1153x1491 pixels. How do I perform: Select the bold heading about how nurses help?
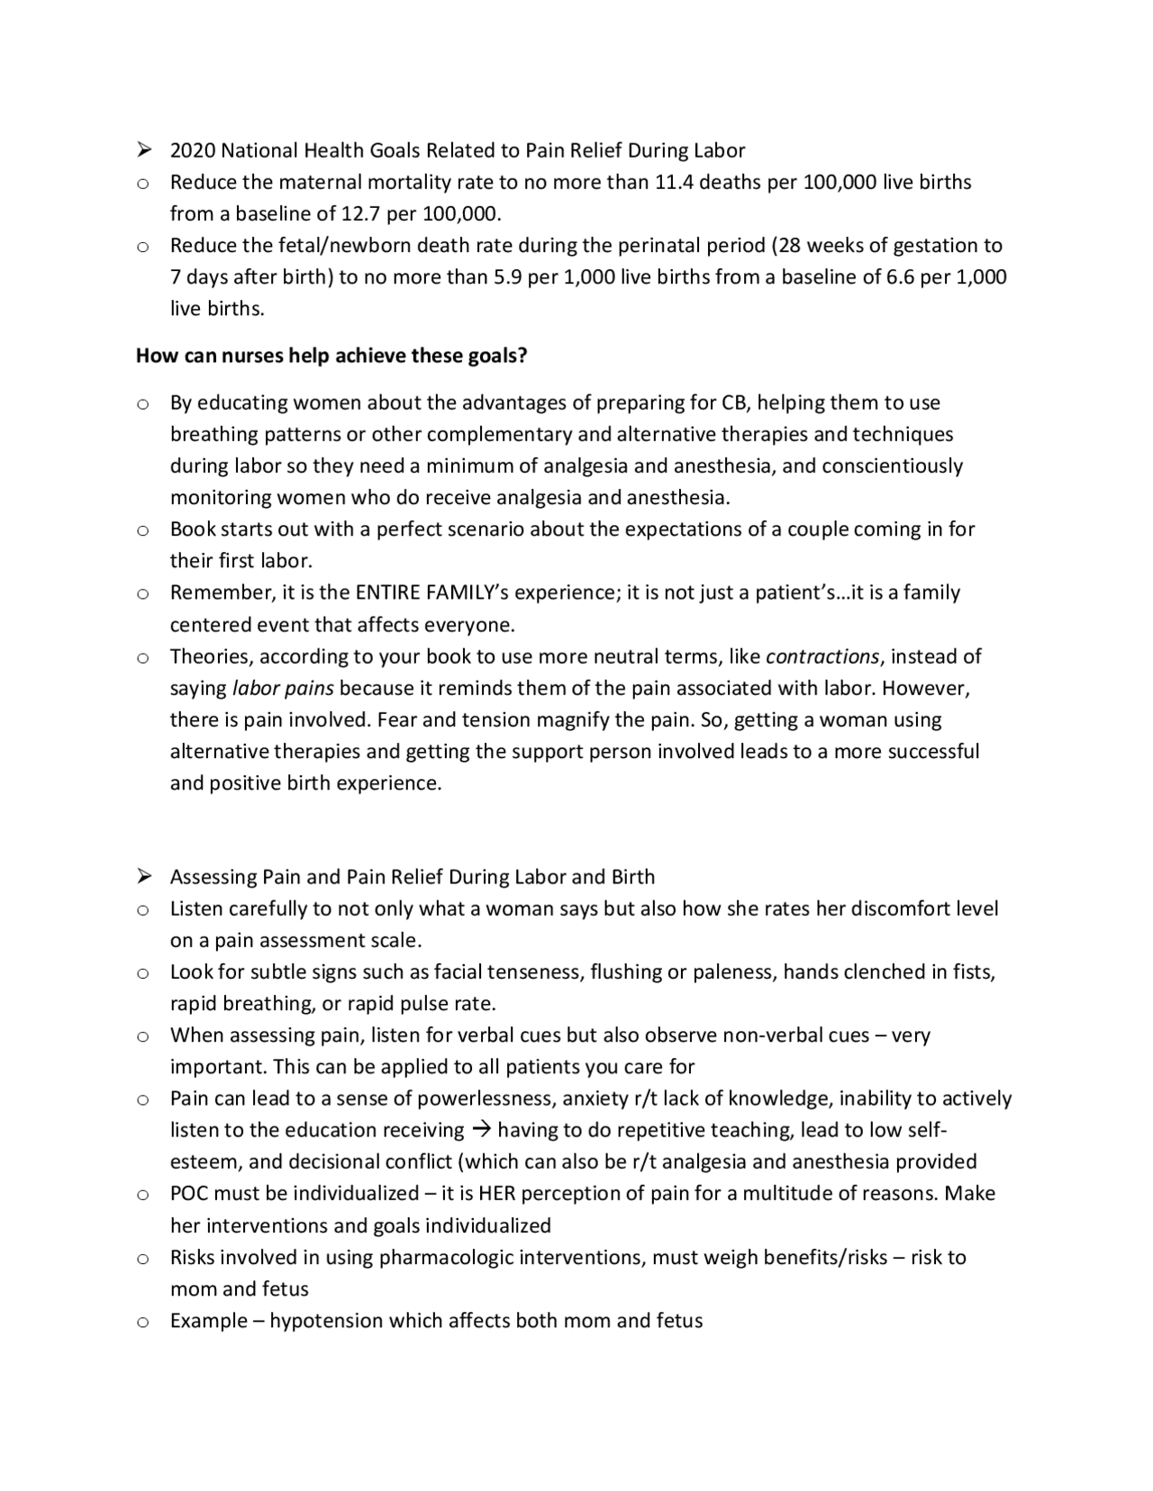click(331, 356)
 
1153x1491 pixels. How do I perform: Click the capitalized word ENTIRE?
click(387, 592)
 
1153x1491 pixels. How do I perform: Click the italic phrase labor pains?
click(283, 688)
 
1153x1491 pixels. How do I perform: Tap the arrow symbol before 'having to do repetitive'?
click(481, 1130)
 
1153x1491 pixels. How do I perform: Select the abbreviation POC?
click(190, 1194)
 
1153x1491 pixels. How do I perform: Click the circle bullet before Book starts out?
click(142, 530)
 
